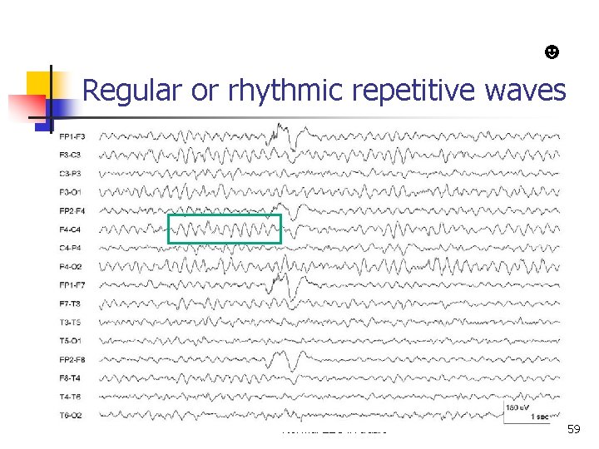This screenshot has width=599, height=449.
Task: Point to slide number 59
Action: [573, 429]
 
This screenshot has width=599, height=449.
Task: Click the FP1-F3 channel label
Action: [72, 136]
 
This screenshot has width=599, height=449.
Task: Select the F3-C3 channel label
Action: [71, 155]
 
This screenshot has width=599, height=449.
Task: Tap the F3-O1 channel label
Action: [71, 192]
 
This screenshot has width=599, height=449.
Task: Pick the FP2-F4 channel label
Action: [72, 210]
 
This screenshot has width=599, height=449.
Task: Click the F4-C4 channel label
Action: [71, 229]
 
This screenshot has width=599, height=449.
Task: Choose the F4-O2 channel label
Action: [71, 266]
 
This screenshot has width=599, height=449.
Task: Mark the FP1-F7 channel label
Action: [72, 284]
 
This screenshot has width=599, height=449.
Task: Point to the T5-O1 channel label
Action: [71, 340]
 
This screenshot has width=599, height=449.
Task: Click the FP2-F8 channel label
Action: [72, 359]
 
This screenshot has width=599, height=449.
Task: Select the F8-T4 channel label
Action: [71, 377]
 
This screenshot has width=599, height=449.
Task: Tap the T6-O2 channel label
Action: [71, 415]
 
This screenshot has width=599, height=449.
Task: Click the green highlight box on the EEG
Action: [225, 229]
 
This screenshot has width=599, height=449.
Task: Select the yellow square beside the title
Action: [40, 86]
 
